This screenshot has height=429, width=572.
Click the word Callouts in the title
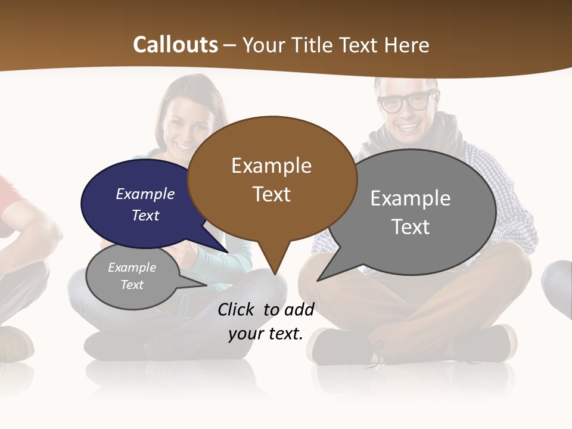(x=175, y=45)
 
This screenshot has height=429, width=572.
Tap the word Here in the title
(x=408, y=45)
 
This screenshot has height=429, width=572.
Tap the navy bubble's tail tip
(x=228, y=252)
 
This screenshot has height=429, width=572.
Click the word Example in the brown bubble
(x=271, y=166)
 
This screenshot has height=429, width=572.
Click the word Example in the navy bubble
(x=145, y=194)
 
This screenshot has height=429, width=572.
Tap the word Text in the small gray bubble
(x=132, y=285)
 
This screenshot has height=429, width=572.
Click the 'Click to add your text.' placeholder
(x=266, y=322)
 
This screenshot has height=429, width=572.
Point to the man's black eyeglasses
(x=407, y=102)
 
